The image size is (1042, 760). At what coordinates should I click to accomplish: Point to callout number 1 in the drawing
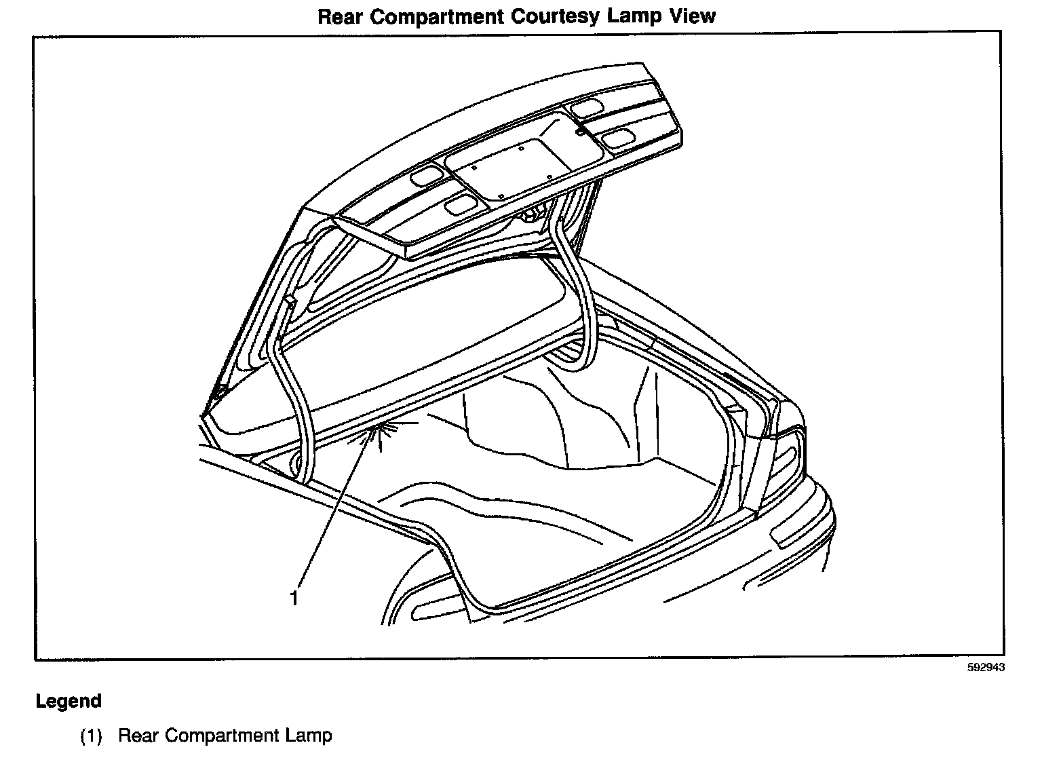coord(294,598)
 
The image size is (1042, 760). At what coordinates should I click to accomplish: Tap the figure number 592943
coord(986,667)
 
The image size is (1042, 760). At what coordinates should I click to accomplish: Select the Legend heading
coord(69,701)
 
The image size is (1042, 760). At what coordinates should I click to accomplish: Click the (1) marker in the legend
coord(91,736)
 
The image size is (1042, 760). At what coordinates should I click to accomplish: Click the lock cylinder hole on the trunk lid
coord(580,132)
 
